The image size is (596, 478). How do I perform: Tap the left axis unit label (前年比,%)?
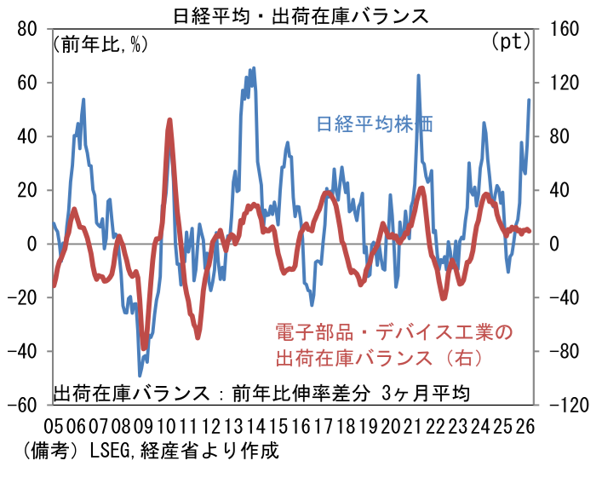[x=100, y=43]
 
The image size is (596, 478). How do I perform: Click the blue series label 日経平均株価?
[x=375, y=124]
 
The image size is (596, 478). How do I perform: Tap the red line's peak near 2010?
[x=169, y=121]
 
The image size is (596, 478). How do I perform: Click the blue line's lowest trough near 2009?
[x=140, y=375]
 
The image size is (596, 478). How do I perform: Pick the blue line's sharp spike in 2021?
[x=419, y=76]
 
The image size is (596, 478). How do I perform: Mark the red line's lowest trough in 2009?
[x=144, y=348]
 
